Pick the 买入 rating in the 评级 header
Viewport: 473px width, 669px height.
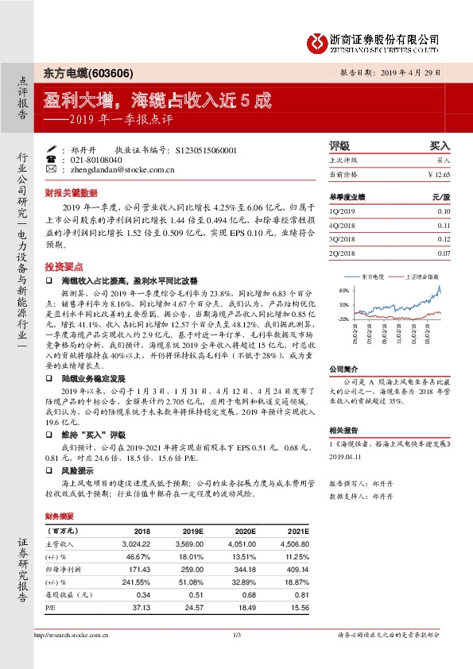point(440,146)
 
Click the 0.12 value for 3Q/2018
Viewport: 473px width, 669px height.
point(444,239)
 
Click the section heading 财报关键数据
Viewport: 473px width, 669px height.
point(71,192)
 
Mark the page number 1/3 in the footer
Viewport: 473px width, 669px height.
point(236,634)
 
